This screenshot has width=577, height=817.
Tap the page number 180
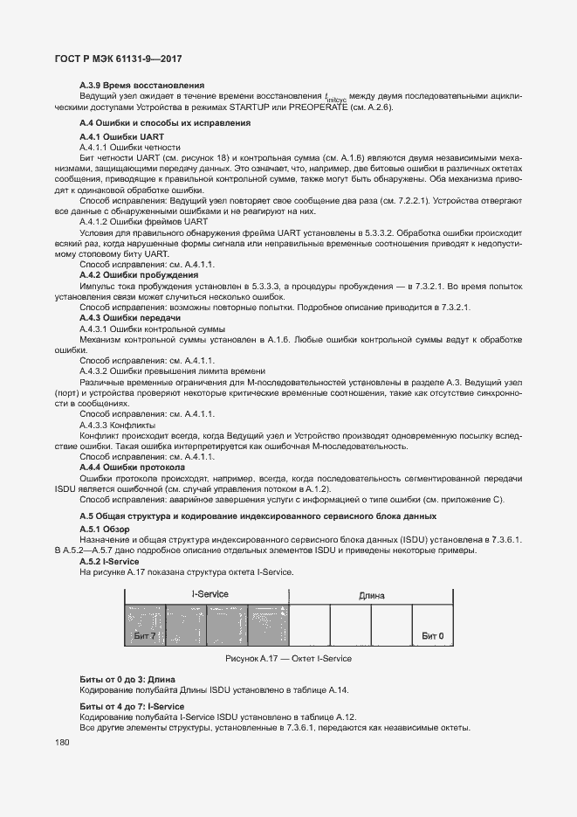pos(62,743)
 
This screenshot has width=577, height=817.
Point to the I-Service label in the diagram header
pos(210,594)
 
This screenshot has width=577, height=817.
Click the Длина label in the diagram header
pos(371,595)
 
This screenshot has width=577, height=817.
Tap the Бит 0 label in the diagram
pos(433,635)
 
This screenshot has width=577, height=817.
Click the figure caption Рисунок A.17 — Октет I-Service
pos(288,658)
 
